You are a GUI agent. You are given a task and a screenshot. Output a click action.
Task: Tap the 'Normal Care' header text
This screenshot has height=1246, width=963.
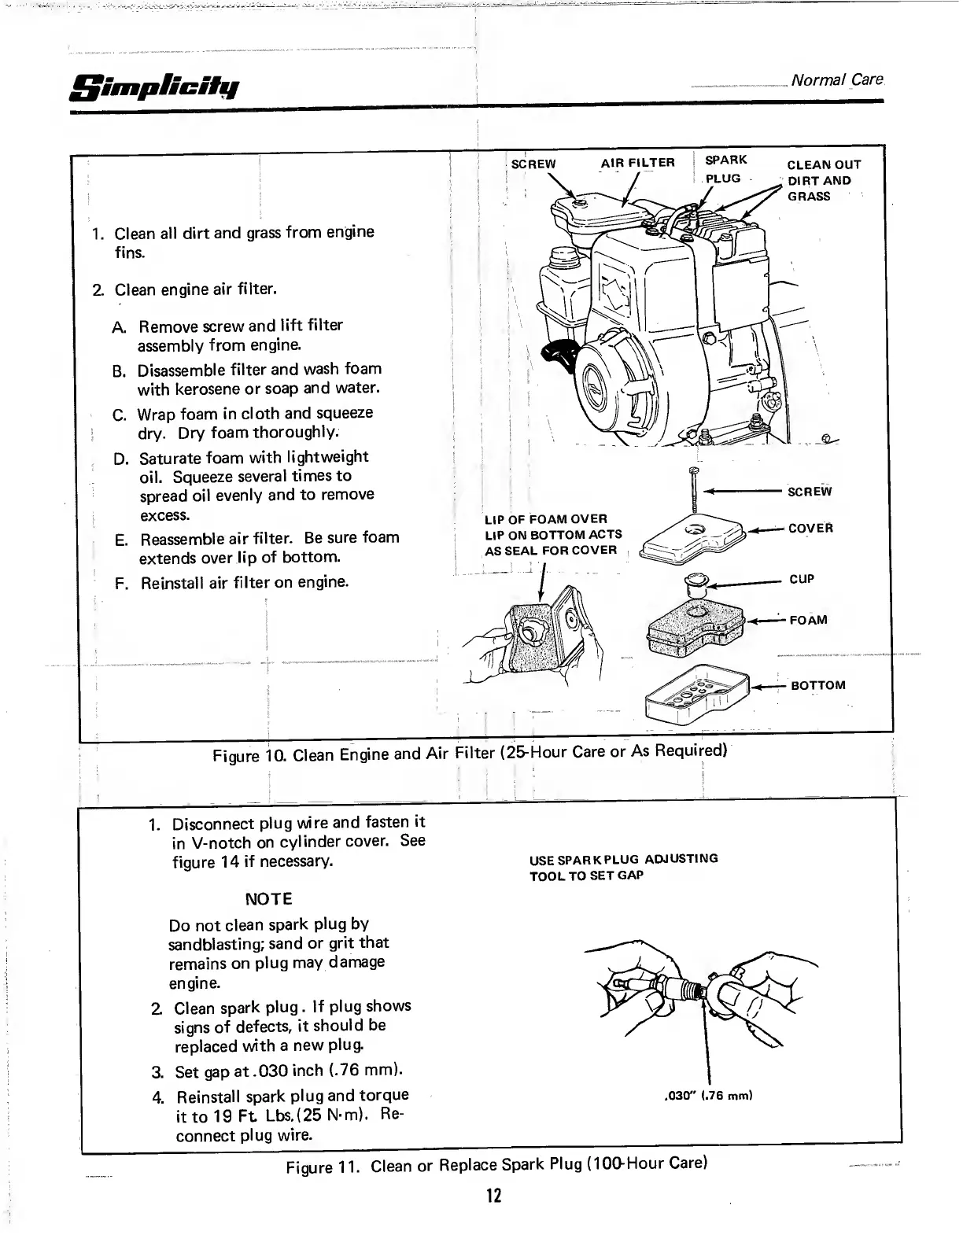pos(836,80)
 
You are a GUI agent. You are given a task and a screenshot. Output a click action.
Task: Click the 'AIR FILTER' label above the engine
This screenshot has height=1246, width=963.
pos(637,163)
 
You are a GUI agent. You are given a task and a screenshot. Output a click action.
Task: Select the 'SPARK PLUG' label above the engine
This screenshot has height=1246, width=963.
pos(725,169)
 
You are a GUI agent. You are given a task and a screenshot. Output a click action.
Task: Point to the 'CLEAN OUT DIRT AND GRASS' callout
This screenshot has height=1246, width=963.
pos(824,180)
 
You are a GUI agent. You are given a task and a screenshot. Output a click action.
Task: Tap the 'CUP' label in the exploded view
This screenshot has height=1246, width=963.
pos(802,580)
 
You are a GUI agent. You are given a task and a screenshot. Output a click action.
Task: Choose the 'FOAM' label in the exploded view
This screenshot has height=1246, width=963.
pos(808,620)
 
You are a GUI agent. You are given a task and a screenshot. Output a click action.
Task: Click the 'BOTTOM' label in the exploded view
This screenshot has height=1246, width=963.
pos(817,685)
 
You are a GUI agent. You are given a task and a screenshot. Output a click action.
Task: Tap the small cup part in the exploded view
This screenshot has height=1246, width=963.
pos(697,583)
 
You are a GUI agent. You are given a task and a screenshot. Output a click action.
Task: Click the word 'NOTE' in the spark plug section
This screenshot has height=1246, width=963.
pos(268,899)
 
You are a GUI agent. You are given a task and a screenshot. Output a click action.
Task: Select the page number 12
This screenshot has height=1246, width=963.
pos(493,1197)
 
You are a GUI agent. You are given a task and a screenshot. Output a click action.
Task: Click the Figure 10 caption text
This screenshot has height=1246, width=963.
pos(469,753)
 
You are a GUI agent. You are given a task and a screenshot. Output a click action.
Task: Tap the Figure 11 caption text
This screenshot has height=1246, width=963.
pos(496,1164)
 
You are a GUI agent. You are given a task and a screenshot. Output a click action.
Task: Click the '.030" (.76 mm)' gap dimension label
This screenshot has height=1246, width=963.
pos(710,1096)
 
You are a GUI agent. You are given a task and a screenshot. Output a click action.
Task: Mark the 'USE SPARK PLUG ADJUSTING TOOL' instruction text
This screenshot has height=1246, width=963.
pos(623,867)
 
